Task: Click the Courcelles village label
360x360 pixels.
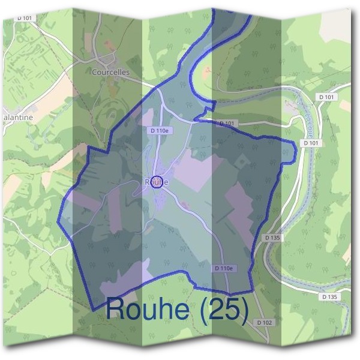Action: (x=111, y=73)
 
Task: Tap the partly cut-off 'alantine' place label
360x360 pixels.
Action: (x=17, y=118)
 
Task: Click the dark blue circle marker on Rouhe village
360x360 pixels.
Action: (x=157, y=182)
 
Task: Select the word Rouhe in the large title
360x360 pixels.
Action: (x=150, y=309)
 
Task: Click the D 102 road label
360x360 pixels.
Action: (x=265, y=323)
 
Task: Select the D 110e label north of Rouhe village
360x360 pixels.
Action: (x=159, y=130)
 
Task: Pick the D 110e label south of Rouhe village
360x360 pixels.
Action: (x=223, y=268)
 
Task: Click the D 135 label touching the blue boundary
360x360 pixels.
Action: (x=272, y=238)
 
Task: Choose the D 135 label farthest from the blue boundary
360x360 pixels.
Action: (x=329, y=297)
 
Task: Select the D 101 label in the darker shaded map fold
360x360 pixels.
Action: (x=227, y=123)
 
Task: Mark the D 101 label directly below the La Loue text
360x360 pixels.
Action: (x=310, y=143)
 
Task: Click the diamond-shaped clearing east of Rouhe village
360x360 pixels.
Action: (x=242, y=161)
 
